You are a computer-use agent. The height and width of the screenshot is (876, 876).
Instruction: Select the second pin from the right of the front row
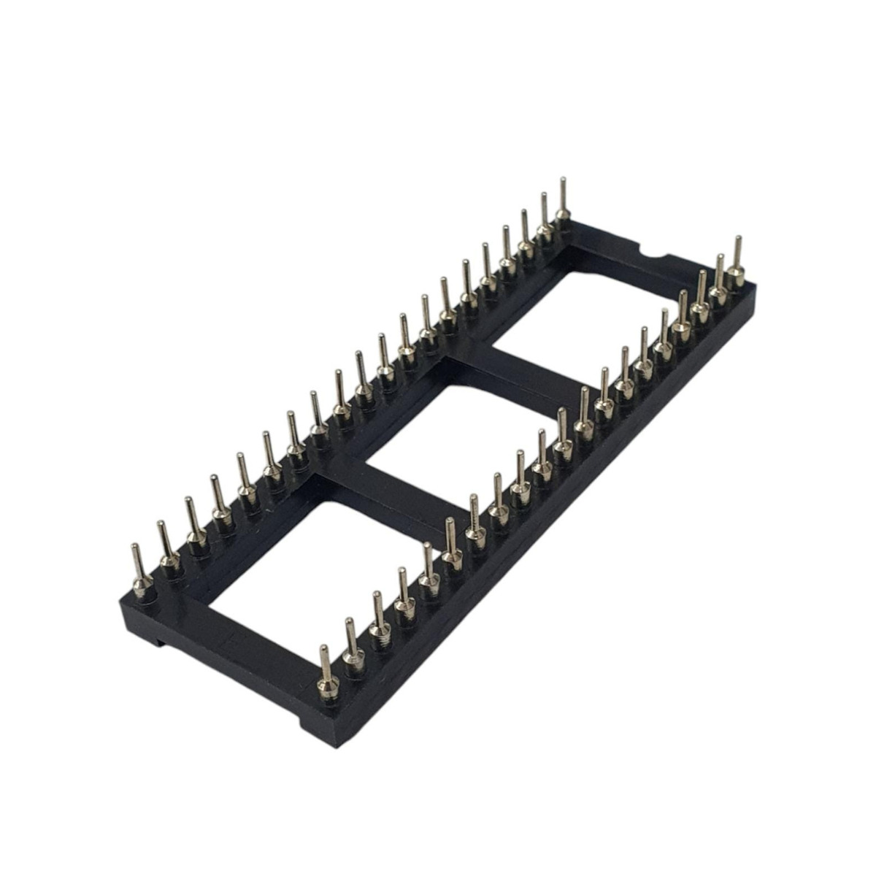point(719,277)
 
